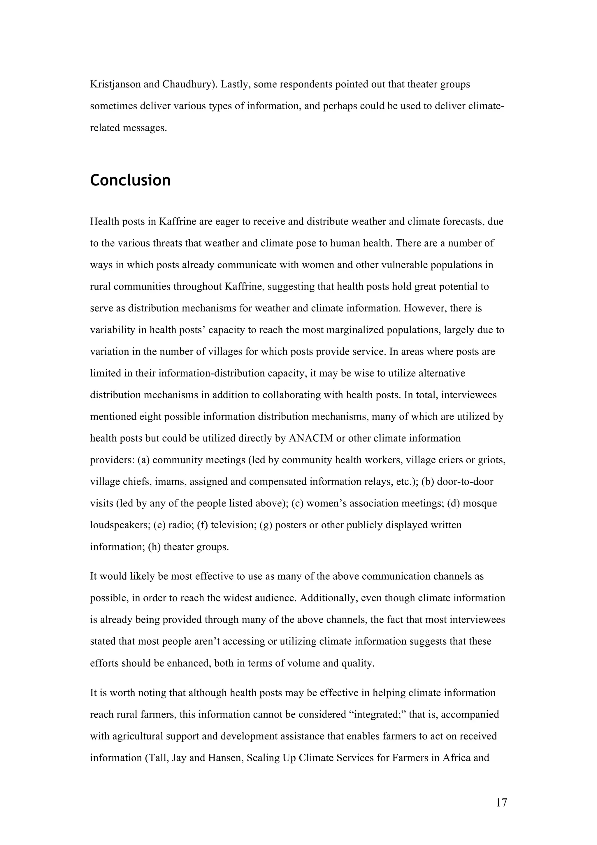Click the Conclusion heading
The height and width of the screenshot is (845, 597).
[130, 180]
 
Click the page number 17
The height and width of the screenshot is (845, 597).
[501, 803]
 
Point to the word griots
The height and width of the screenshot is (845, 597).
[491, 460]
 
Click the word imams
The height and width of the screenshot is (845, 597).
[175, 482]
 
